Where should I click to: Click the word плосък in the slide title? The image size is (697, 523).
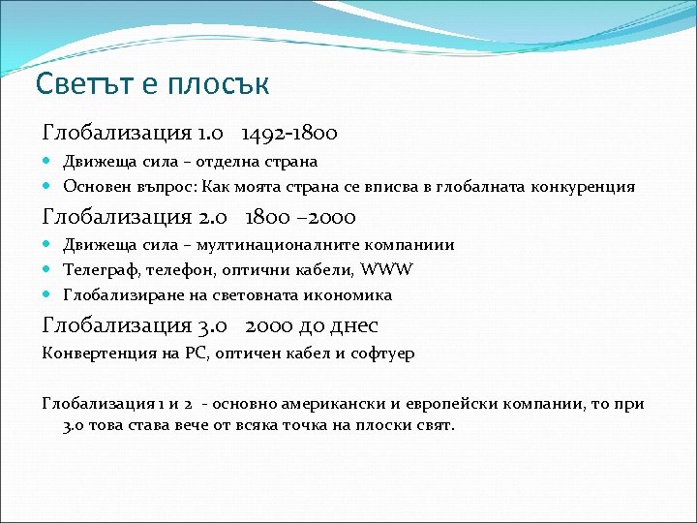click(218, 84)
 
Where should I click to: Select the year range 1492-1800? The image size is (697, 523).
click(289, 132)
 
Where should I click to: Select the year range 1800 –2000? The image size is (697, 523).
click(301, 217)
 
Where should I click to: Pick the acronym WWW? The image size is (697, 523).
click(386, 269)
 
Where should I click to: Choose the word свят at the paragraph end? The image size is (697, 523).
click(432, 425)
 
